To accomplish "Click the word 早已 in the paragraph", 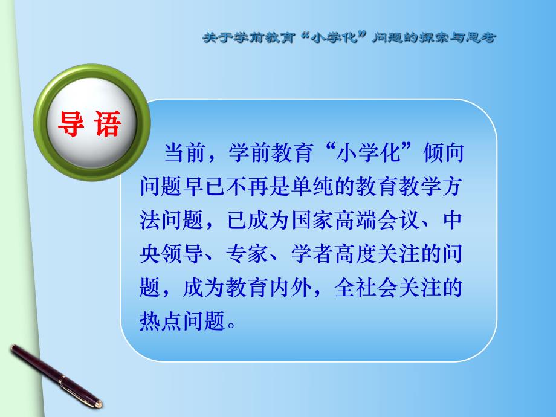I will pos(198,186).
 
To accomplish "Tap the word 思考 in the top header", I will pos(481,37).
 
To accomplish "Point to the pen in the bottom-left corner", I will pos(54,374).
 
